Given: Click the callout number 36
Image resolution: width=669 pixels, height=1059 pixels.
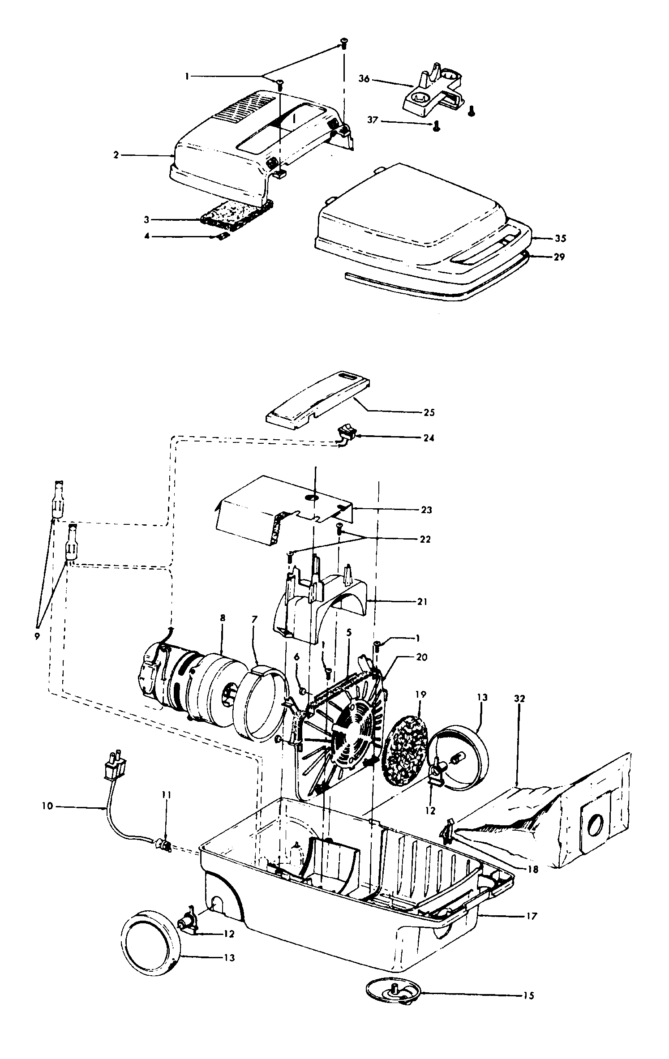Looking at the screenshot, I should click(364, 79).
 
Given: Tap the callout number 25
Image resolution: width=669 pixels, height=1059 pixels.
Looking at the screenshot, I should click(429, 412).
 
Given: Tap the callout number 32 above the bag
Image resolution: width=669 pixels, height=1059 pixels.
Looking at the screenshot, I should click(519, 699).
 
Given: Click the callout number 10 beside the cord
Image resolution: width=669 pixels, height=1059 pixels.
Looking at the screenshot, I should click(47, 806).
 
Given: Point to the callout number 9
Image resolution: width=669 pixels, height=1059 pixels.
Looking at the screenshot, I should click(37, 636).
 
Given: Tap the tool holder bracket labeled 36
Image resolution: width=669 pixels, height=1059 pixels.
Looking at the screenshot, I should click(432, 92).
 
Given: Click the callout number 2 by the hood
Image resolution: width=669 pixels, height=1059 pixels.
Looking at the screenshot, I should click(116, 155).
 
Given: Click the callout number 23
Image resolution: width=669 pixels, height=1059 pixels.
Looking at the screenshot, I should click(426, 510).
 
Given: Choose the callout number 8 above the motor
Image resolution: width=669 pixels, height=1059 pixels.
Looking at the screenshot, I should click(222, 618).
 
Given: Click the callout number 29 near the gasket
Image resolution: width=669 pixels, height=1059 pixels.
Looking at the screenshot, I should click(559, 257).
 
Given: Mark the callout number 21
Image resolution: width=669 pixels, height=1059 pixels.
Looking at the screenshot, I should click(421, 602).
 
